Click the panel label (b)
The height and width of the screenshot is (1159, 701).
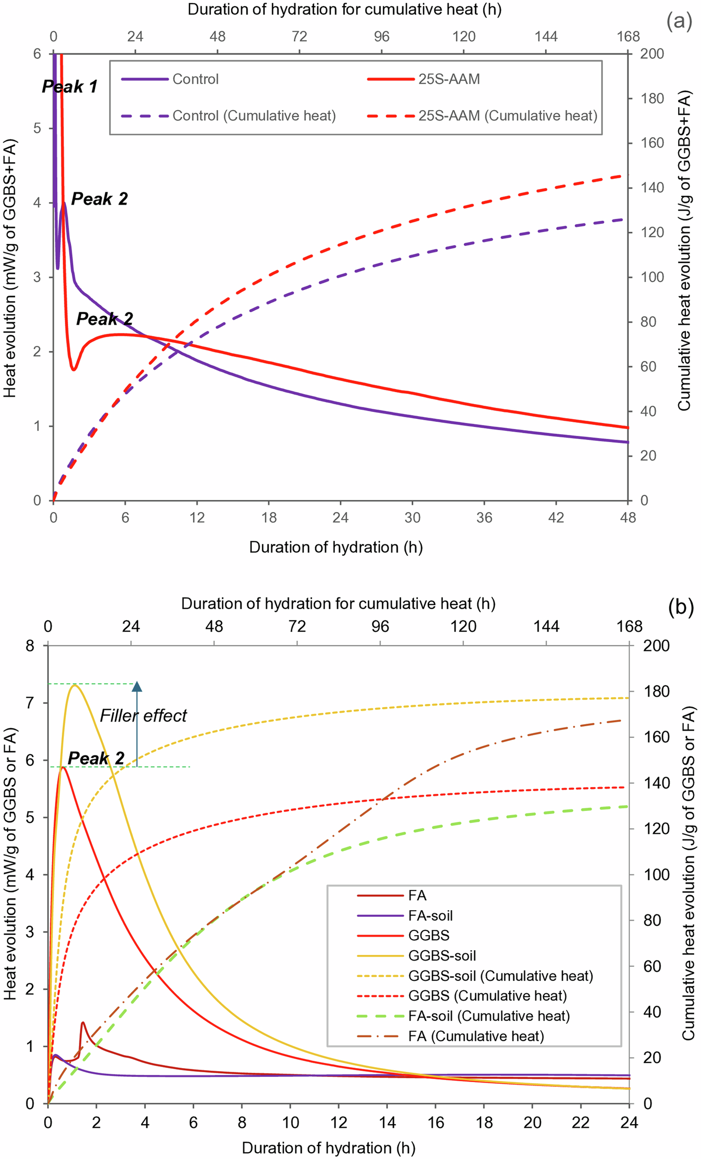681,606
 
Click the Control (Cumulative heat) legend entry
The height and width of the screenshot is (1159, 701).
253,115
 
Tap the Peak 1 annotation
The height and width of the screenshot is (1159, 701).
70,86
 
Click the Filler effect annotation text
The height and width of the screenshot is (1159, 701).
143,716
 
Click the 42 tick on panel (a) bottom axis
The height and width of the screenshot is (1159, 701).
556,518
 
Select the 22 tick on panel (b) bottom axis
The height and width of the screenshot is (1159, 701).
581,1122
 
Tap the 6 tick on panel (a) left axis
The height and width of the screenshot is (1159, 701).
37,54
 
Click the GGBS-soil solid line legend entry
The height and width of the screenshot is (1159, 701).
441,955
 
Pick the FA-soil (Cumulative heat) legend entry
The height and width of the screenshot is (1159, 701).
489,1016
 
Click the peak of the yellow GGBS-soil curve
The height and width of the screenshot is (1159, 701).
75,685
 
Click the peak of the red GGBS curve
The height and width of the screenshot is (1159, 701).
63,767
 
